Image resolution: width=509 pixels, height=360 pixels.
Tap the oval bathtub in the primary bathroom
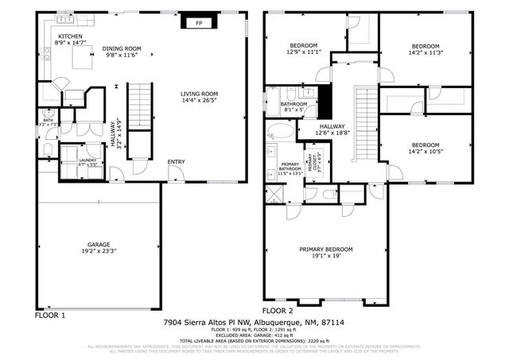(x=281, y=131)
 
